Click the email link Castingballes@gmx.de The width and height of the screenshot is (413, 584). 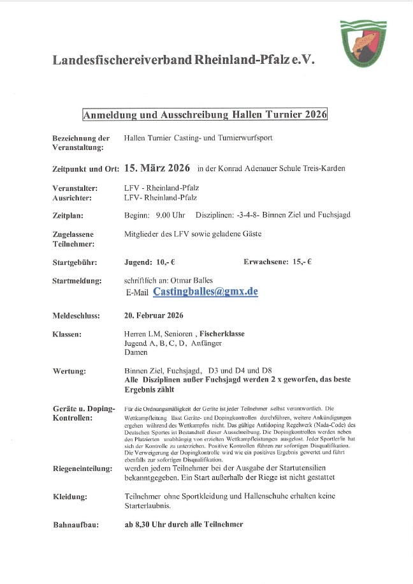(205, 291)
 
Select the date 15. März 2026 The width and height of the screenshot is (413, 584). (157, 168)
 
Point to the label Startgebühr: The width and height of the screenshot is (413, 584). (75, 262)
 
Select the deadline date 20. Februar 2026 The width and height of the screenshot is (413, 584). (154, 315)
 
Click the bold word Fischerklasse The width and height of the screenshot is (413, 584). (222, 334)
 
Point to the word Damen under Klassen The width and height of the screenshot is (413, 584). (136, 352)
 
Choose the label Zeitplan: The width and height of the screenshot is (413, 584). (68, 216)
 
